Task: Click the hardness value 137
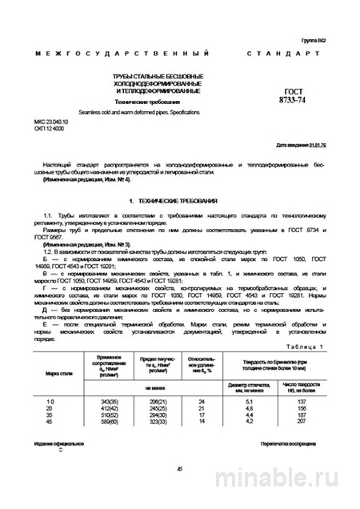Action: (x=301, y=399)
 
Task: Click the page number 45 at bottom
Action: (x=180, y=469)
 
